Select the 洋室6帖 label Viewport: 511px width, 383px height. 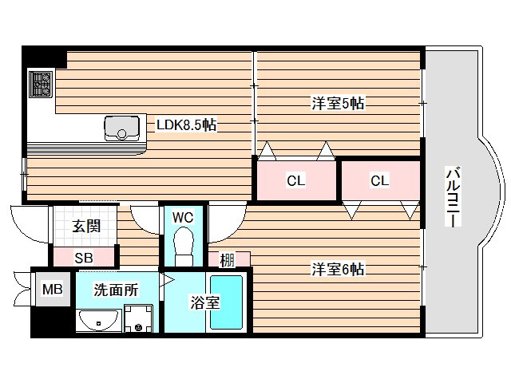(x=338, y=270)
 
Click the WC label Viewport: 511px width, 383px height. (x=184, y=216)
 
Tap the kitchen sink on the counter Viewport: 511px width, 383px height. (x=120, y=127)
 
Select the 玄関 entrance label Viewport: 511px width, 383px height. (x=86, y=226)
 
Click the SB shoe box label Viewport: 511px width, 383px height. (x=84, y=257)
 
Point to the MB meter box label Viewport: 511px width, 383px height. (x=52, y=287)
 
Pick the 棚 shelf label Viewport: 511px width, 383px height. (x=228, y=260)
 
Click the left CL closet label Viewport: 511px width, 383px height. (x=295, y=181)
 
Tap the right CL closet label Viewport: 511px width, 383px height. (x=379, y=181)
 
